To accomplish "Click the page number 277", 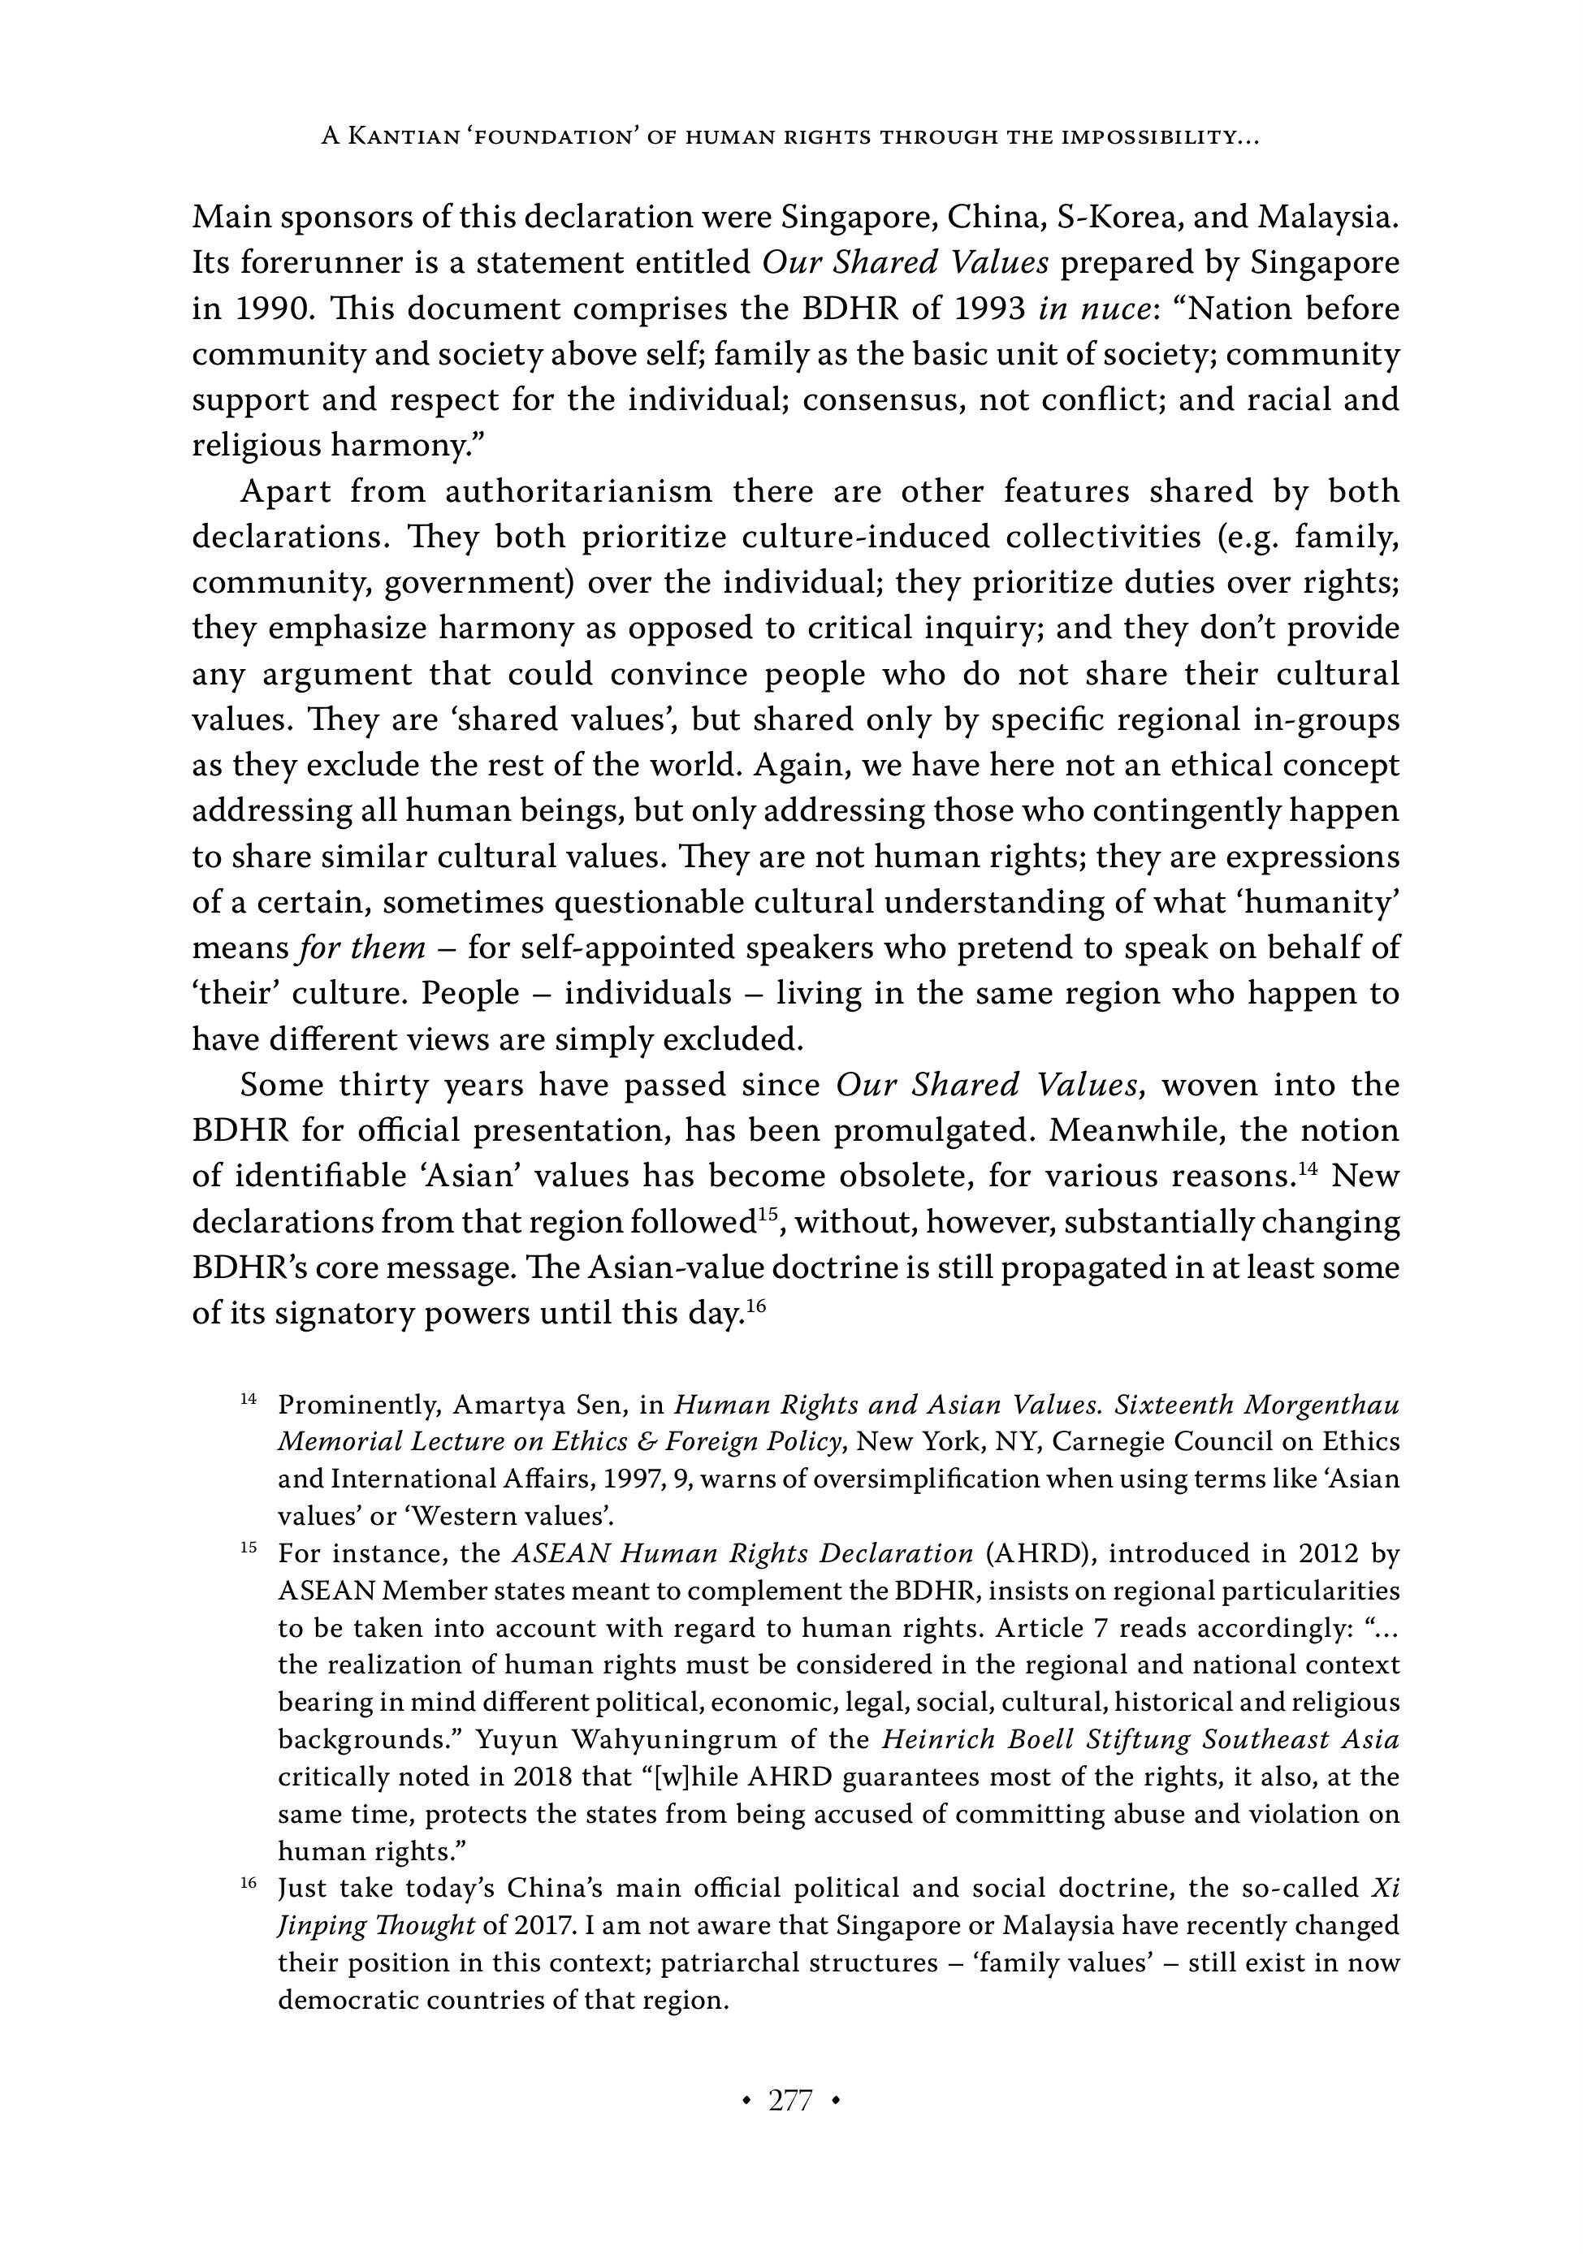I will coord(790,2101).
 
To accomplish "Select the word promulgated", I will coord(933,1130).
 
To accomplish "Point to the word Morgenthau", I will coord(1321,1405).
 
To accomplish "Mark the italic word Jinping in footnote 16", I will coord(314,1925).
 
